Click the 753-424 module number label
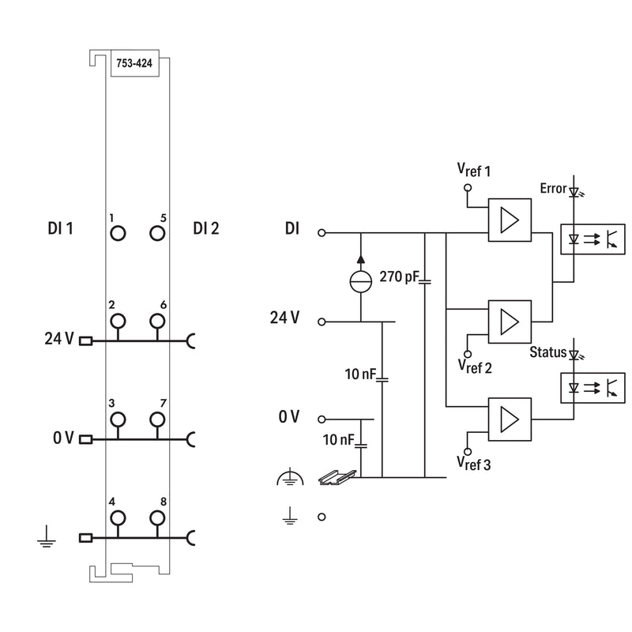pos(134,63)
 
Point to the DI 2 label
pos(206,228)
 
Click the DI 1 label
pos(61,228)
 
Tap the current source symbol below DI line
pos(361,281)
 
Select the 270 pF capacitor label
pos(400,276)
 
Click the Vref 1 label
pos(474,170)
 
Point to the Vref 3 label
pos(474,464)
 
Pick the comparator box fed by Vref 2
pos(510,322)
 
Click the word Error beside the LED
pos(554,188)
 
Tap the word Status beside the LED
pos(548,352)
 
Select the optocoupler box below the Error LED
pos(593,239)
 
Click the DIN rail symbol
pos(337,477)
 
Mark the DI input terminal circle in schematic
pos(322,232)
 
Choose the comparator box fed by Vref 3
pos(510,419)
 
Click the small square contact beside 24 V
pos(85,341)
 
